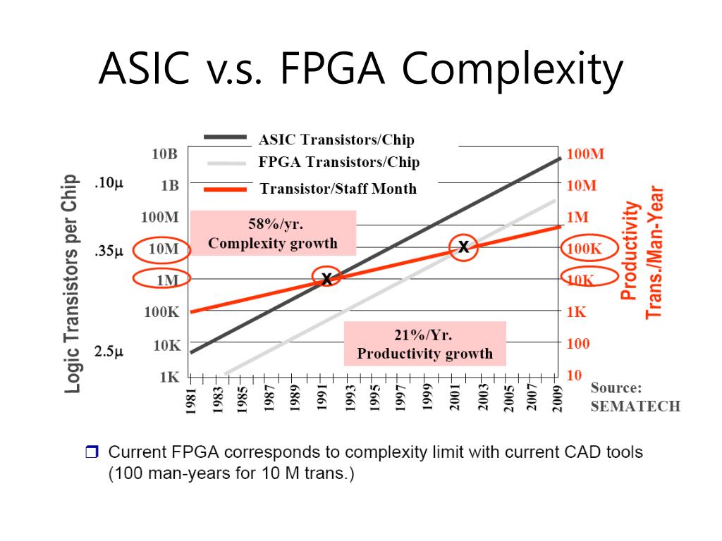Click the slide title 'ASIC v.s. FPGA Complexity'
coord(360,68)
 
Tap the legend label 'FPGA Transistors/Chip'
coord(338,163)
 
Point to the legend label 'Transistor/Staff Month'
coord(338,189)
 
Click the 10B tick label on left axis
coord(166,154)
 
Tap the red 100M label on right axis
coord(586,154)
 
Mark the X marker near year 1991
coord(326,279)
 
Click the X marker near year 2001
coord(463,247)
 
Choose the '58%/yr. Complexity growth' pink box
coord(273,234)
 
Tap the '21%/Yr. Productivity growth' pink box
coord(424,344)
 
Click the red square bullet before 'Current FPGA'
coord(92,452)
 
